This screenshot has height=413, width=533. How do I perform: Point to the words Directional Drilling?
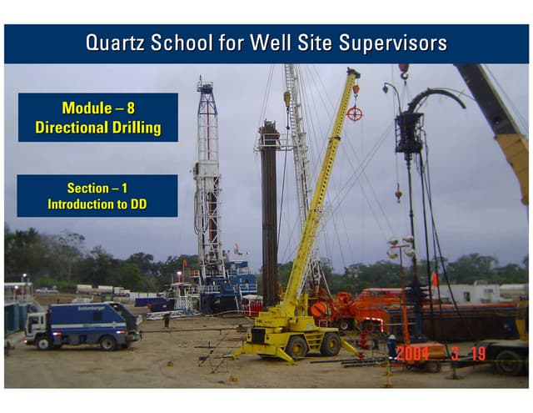pyautogui.click(x=97, y=128)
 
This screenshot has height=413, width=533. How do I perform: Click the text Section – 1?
pyautogui.click(x=97, y=189)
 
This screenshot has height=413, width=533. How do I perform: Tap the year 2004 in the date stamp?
pyautogui.click(x=412, y=354)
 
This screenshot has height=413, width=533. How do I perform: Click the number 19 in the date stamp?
pyautogui.click(x=476, y=354)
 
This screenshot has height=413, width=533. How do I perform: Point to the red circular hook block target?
pyautogui.click(x=355, y=113)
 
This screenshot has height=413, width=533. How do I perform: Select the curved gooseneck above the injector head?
pyautogui.click(x=437, y=98)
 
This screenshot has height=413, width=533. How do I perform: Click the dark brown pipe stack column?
pyautogui.click(x=268, y=209)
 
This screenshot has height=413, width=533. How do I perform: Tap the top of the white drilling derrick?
pyautogui.click(x=205, y=86)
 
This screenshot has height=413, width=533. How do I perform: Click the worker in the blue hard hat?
pyautogui.click(x=391, y=344)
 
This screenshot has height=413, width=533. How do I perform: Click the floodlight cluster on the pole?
pyautogui.click(x=401, y=247)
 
